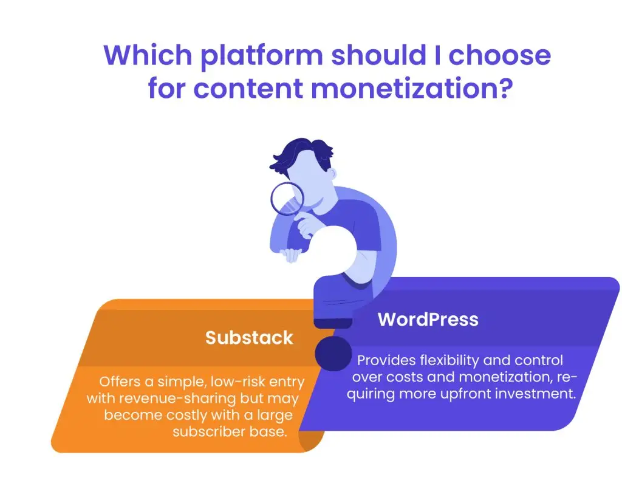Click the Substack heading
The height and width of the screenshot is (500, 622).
(249, 337)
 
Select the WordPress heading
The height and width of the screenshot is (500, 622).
(428, 319)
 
